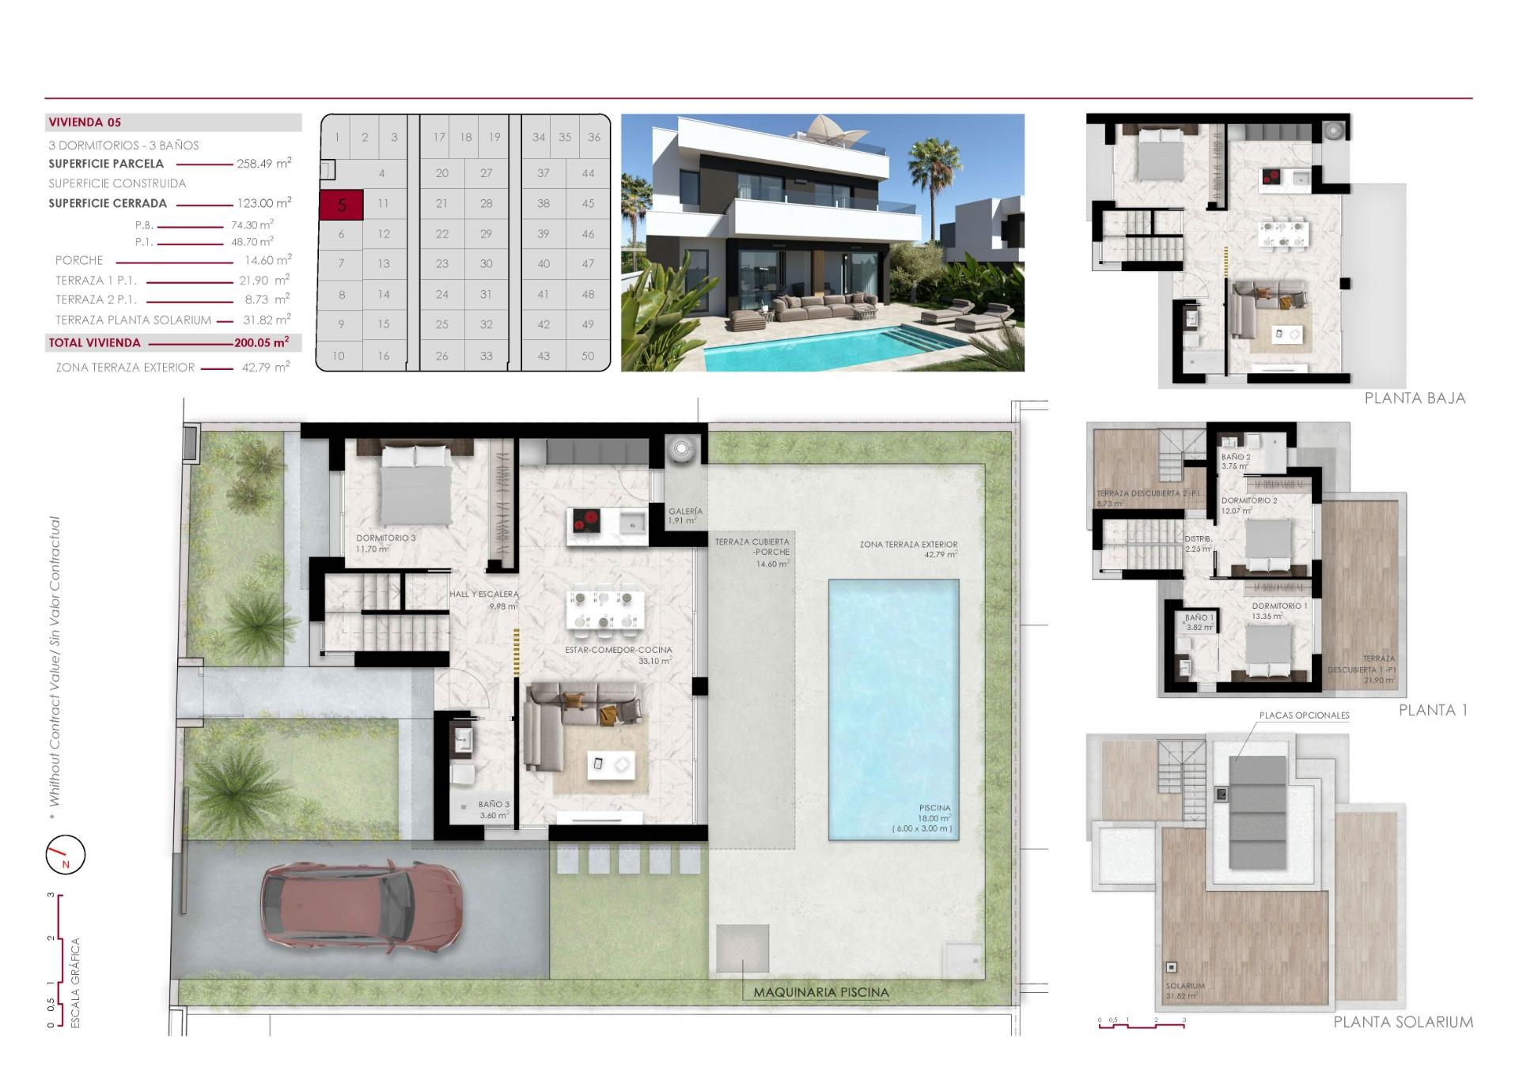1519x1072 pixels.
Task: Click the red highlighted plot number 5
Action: coord(341,205)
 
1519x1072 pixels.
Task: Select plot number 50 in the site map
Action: coord(587,356)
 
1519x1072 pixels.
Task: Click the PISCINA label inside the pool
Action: coord(934,808)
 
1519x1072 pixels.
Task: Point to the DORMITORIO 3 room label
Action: coord(385,538)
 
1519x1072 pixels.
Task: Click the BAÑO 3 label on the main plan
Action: coord(494,804)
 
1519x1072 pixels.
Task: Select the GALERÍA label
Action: coord(685,511)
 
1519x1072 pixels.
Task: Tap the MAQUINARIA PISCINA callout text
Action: coord(820,992)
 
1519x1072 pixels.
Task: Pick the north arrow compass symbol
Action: coord(65,855)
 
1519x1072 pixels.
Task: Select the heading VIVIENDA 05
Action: coord(85,123)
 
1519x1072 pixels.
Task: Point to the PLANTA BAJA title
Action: coord(1415,398)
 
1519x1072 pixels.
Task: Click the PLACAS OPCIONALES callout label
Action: coord(1304,715)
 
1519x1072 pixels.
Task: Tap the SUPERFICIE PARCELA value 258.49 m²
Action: coord(263,164)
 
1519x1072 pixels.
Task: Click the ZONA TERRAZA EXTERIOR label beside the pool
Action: coord(908,545)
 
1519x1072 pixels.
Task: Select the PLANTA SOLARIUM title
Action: coord(1403,1022)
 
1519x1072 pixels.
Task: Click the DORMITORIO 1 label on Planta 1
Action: coord(1279,606)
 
